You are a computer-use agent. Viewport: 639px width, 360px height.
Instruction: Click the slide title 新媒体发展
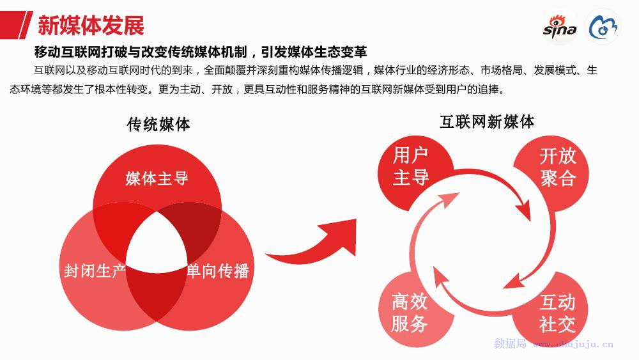point(91,26)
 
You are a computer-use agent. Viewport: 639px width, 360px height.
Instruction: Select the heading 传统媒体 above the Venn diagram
point(158,124)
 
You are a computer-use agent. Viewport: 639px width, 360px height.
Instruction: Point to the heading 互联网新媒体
point(487,121)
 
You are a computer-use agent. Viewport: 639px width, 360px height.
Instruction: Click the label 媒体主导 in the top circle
point(157,178)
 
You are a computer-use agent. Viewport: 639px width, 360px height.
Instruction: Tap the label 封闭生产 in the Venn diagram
point(95,270)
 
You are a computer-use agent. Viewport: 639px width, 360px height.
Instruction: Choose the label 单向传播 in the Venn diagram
point(218,270)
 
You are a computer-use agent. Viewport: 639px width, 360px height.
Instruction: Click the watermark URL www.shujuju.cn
point(573,344)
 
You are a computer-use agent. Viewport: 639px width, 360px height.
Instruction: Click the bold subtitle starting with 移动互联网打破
point(201,52)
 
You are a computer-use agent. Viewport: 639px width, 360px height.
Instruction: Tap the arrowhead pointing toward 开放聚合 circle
point(523,210)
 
